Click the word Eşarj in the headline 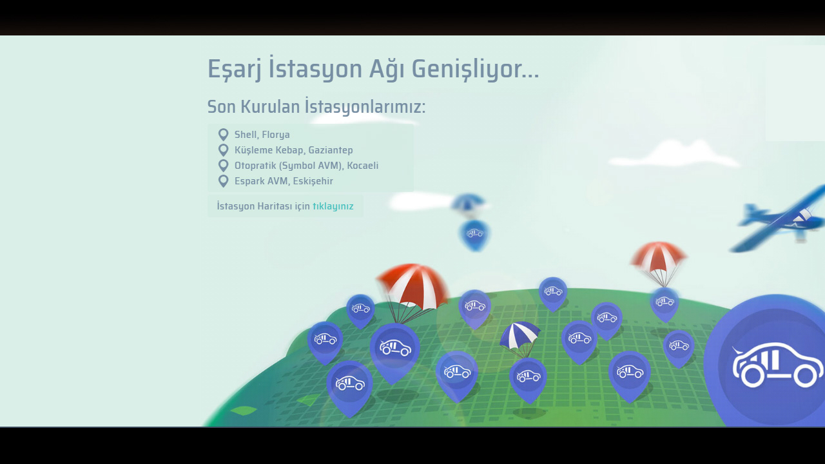[x=235, y=69]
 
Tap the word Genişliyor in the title [x=475, y=69]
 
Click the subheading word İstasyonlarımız [x=365, y=107]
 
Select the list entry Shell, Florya [x=262, y=135]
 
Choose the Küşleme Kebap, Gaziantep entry [x=293, y=150]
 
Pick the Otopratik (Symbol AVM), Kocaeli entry [x=306, y=166]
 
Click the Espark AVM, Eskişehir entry [x=284, y=181]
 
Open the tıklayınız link [x=333, y=206]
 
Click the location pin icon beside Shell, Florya [x=223, y=135]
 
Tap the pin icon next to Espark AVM [x=223, y=181]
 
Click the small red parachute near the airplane [x=659, y=258]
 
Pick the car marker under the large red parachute [x=395, y=352]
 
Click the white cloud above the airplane [x=674, y=155]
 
